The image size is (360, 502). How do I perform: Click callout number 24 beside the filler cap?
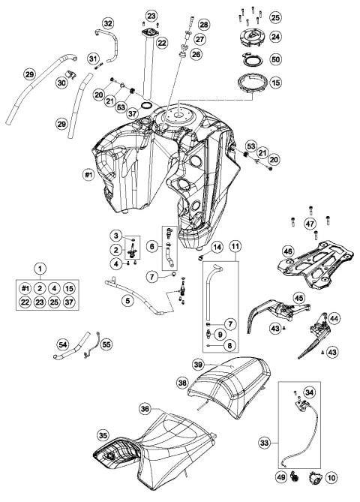pos(275,35)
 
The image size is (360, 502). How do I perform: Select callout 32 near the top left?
pos(109,24)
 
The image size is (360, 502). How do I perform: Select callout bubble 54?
pos(64,344)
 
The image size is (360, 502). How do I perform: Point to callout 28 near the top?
pos(204,25)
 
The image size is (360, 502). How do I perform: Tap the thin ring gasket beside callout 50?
pos(253,59)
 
